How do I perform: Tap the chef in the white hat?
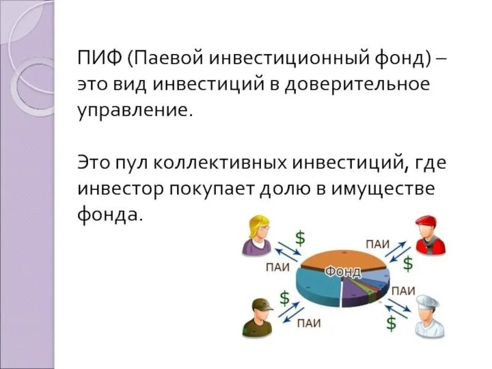click(427, 315)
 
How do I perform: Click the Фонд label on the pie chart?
click(343, 271)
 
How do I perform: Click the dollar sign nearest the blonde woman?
click(300, 237)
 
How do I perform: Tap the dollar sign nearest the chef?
click(391, 322)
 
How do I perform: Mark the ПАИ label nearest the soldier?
click(308, 322)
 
